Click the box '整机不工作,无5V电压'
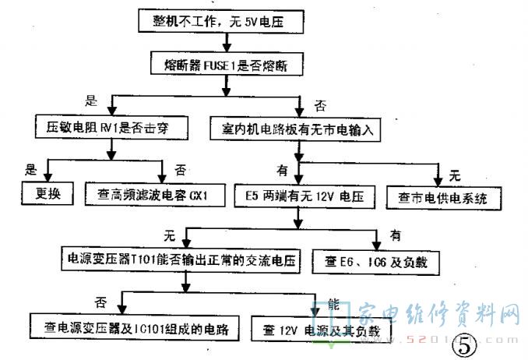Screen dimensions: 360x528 tap(219, 22)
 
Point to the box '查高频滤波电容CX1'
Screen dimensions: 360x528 tap(153, 191)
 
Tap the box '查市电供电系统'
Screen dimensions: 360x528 tap(442, 197)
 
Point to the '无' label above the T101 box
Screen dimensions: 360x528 tap(167, 234)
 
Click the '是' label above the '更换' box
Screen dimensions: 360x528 tap(33, 168)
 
